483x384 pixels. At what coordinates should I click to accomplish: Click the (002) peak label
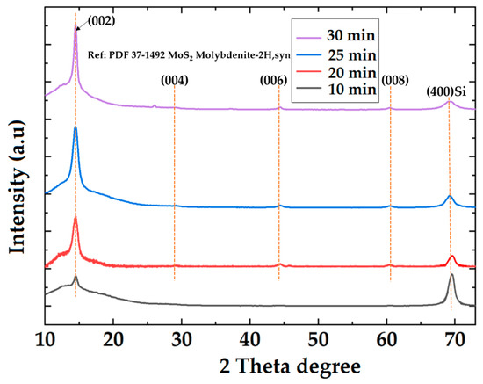(97, 19)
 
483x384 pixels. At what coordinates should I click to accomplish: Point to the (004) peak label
(175, 81)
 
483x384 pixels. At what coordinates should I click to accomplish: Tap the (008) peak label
(394, 81)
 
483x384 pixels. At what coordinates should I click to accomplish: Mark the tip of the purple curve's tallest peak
(75, 25)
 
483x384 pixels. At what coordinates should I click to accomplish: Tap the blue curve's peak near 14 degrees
(76, 128)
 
